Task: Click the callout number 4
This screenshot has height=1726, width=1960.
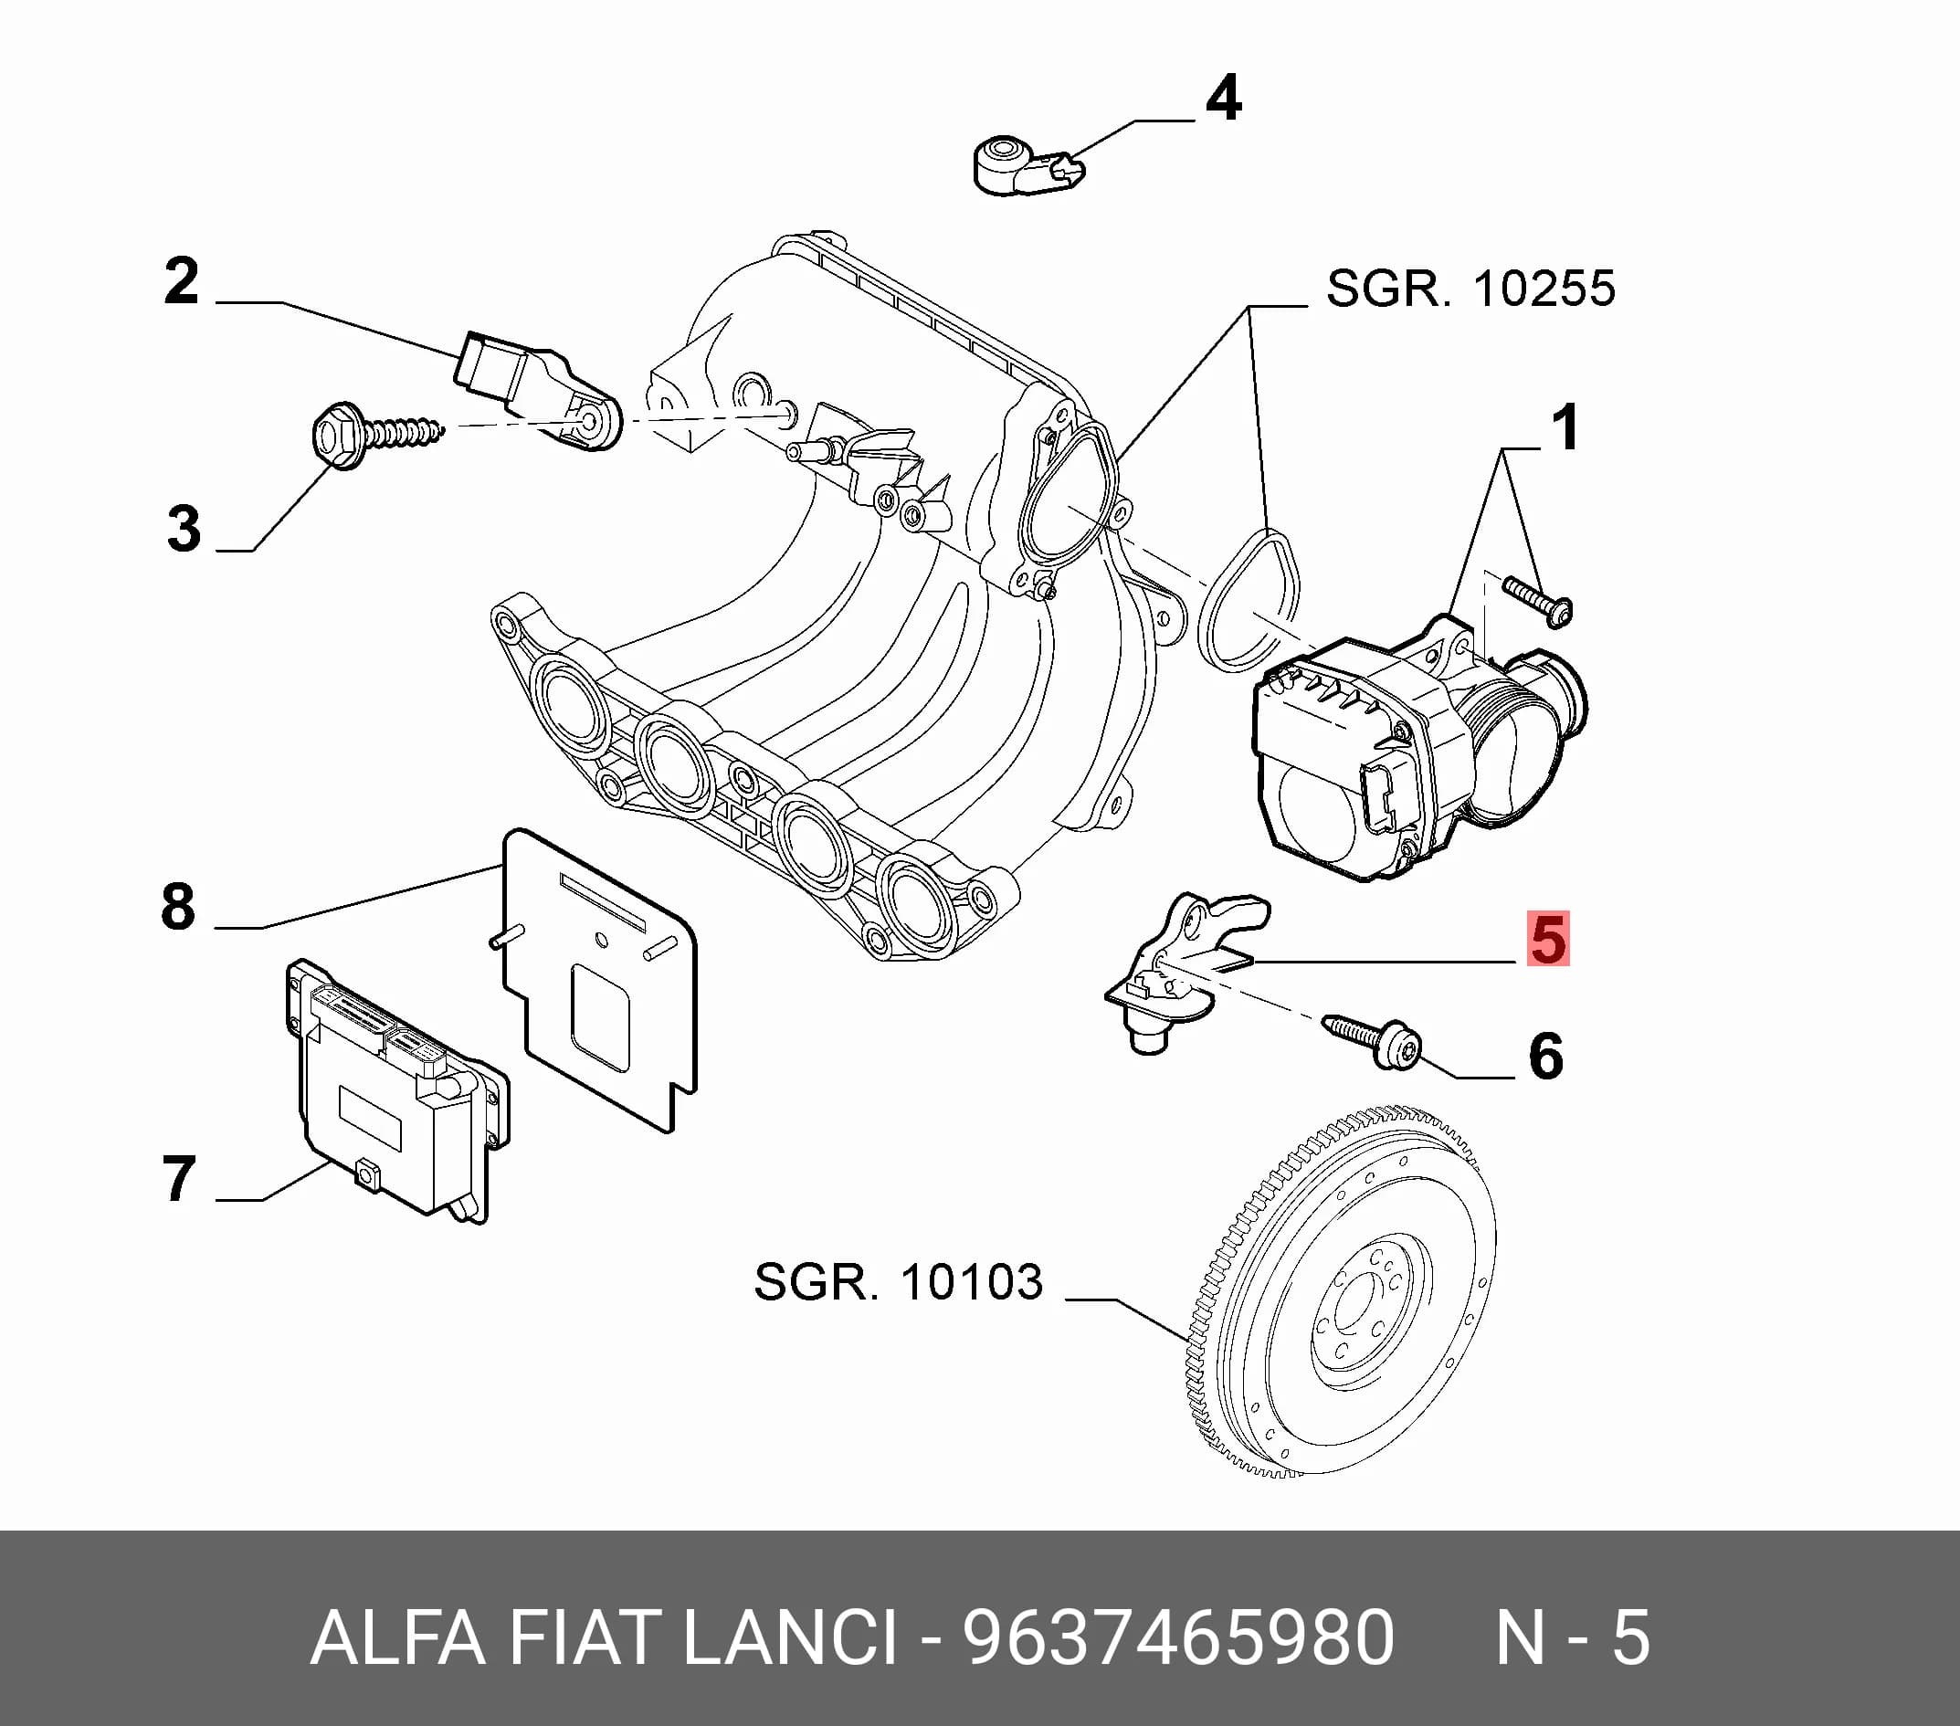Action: coord(1223,99)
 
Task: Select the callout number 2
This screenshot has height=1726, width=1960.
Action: coord(181,281)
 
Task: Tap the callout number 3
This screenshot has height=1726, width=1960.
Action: coord(184,529)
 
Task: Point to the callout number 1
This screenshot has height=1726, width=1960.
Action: coord(1565,427)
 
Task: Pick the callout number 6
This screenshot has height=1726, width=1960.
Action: coord(1545,1057)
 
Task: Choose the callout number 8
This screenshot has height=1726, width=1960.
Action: coord(178,906)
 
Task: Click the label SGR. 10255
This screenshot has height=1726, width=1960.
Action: coord(1471,289)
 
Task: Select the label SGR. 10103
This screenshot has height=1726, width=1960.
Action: coord(899,1282)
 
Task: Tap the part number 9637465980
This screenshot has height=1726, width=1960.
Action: coord(1178,1638)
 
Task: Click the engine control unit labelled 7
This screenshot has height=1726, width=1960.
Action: coord(397,1091)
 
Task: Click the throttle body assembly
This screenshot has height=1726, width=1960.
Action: coord(1419,748)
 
